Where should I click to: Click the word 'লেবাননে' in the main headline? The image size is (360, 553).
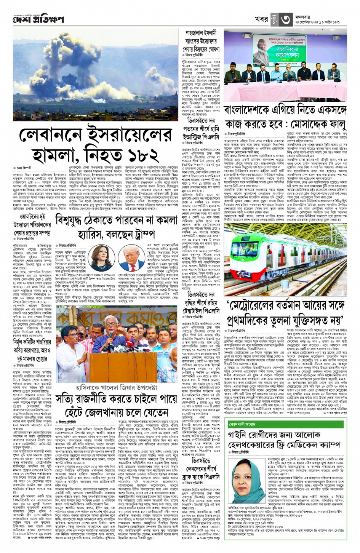pyautogui.click(x=53, y=135)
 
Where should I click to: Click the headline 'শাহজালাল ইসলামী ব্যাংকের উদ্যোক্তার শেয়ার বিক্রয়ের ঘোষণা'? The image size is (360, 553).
pyautogui.click(x=201, y=41)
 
